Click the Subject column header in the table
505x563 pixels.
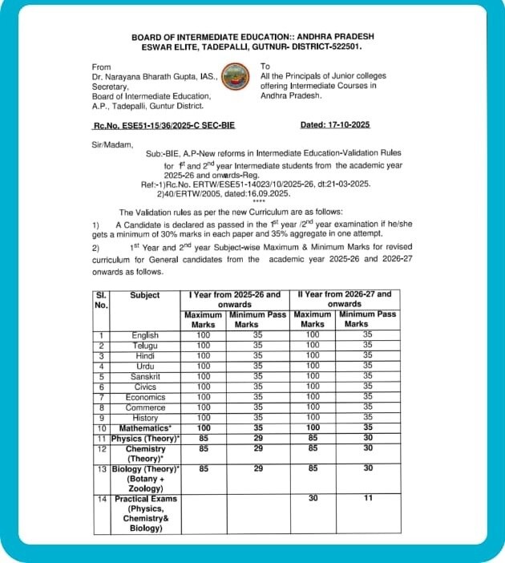click(145, 295)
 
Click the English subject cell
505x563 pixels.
click(145, 335)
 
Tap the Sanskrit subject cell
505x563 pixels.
click(145, 376)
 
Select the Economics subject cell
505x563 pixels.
click(145, 397)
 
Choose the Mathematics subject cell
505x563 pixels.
click(145, 428)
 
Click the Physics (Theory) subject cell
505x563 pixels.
click(145, 439)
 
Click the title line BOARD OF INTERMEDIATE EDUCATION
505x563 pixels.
click(252, 36)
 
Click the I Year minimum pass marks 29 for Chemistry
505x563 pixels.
click(258, 449)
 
